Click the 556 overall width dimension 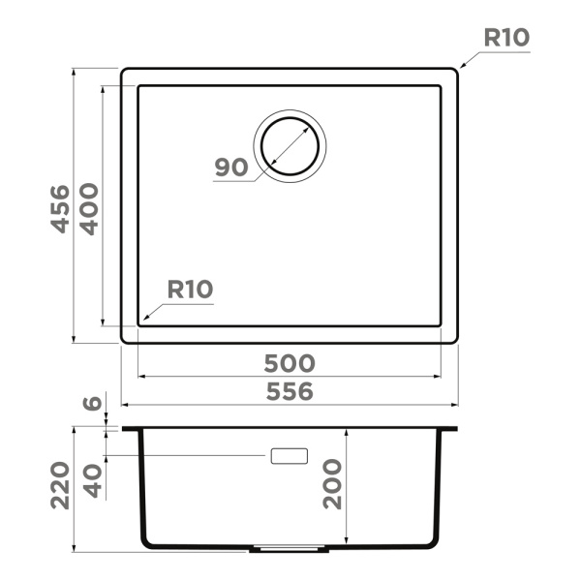pos(290,391)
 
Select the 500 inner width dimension pos(290,363)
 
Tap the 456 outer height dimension pos(60,207)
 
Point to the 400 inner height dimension pos(89,207)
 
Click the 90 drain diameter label pos(232,167)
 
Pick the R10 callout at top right pos(505,39)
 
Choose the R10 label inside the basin pos(190,289)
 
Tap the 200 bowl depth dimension pos(332,483)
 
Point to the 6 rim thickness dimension pos(93,404)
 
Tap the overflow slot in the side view pos(290,455)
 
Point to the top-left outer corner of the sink pos(123,70)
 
